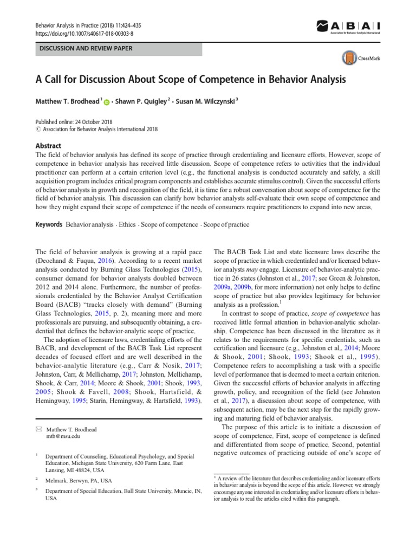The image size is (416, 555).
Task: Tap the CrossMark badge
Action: point(359,58)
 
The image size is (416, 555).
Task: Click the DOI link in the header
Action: point(84,33)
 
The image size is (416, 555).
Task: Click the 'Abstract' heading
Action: point(48,146)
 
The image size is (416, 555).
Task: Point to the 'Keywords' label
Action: point(49,224)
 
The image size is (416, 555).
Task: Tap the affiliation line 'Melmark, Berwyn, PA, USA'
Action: point(79,480)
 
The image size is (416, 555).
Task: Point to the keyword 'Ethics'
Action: point(127,224)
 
